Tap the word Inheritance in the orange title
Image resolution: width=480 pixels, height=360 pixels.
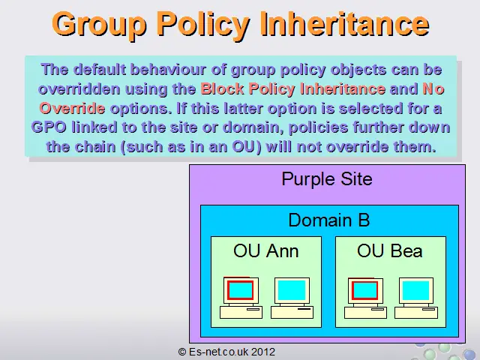pos(345,23)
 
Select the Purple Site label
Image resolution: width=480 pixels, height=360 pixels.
pos(327,179)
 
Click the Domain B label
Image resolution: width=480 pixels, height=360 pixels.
pos(329,220)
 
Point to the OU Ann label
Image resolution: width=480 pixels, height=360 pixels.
pos(266,250)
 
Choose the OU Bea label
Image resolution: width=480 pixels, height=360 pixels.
pos(390,250)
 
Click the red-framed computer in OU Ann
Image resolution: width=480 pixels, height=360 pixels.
pos(241,298)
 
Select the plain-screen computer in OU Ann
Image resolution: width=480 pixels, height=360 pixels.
pos(292,298)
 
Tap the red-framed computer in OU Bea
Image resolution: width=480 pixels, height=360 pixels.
pos(365,298)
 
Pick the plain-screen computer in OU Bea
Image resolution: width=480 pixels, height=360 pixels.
pos(416,298)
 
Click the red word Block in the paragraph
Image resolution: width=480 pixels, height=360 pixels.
pos(222,89)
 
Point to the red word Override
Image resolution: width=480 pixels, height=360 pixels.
pos(72,108)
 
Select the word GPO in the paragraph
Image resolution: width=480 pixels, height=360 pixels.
pos(49,127)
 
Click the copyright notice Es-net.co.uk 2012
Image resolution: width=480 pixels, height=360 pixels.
pos(226,352)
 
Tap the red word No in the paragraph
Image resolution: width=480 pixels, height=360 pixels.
pos(433,89)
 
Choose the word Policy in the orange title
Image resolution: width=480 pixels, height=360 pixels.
pos(203,25)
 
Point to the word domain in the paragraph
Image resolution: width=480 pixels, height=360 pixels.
pos(253,127)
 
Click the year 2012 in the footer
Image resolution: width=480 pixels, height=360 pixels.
pos(263,352)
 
